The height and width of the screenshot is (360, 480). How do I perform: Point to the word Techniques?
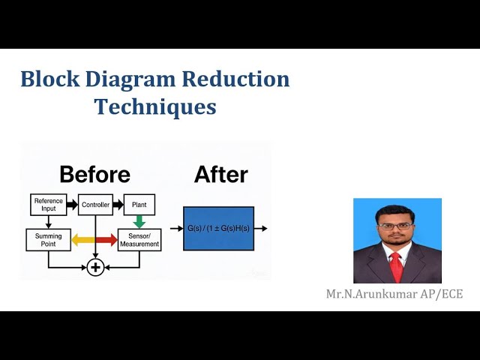tap(155, 106)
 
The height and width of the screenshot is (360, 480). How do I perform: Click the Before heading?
tap(94, 175)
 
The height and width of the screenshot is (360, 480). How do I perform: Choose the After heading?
tap(220, 175)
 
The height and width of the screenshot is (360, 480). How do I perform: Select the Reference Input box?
tap(48, 203)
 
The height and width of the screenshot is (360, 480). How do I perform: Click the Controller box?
tap(95, 203)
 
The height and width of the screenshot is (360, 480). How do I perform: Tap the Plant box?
tap(139, 203)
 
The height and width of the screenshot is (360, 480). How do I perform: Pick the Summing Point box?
tap(48, 240)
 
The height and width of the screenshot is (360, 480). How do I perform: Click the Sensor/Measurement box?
tap(139, 240)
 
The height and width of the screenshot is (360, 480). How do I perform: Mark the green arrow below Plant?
tap(139, 220)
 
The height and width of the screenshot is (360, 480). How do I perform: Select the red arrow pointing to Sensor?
tap(106, 240)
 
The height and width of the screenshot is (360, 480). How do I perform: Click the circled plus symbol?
tap(95, 267)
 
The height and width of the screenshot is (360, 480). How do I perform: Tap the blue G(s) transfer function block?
tap(218, 228)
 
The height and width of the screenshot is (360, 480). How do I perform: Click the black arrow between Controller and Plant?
tap(118, 203)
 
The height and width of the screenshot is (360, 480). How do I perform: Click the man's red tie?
tap(396, 266)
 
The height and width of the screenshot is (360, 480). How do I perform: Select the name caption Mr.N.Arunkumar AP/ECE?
tap(394, 293)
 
